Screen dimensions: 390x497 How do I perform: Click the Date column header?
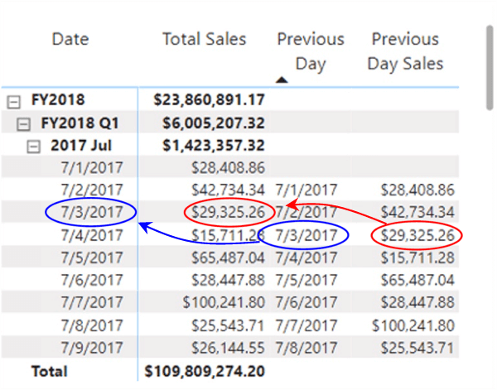70,39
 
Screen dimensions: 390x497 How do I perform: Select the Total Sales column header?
204,39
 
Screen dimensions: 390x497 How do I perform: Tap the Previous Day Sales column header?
405,51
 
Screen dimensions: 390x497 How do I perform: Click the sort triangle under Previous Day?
282,80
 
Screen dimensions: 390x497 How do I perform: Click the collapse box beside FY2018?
13,100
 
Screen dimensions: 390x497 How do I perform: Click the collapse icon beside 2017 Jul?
34,146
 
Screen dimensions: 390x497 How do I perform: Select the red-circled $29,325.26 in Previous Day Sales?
417,235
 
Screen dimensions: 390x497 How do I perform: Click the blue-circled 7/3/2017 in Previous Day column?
303,235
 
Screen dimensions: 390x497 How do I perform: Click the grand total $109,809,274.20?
205,371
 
